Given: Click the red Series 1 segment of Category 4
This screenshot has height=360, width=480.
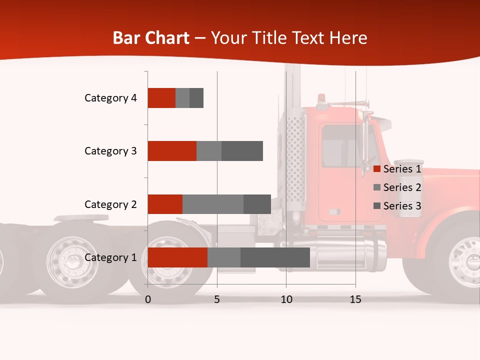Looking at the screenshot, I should [161, 98].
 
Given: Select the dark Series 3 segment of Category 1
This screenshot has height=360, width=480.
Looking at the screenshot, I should [275, 257].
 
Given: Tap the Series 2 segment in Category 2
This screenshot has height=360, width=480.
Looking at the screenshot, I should [213, 204].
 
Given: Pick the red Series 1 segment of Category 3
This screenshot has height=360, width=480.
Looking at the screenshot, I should [172, 151].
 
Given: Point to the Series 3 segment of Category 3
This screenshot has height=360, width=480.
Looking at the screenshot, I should [242, 151].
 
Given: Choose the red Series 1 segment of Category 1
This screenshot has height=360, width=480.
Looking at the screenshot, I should [177, 257].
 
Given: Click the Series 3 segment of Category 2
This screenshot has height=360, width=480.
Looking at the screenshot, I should [257, 204].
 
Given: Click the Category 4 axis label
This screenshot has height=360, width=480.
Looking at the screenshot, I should [110, 98].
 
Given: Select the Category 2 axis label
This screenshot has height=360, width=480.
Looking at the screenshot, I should [110, 204].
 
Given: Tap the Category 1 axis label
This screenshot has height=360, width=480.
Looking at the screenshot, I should [110, 258].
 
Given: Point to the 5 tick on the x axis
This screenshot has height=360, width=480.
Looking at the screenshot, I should [217, 299].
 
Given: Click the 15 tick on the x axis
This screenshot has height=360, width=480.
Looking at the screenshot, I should [355, 299].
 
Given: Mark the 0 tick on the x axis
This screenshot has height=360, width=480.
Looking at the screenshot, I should [148, 299].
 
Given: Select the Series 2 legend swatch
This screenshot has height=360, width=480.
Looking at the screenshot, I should [377, 187].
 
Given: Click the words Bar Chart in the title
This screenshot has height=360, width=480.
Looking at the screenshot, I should [151, 38].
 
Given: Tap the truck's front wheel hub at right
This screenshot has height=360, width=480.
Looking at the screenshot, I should [470, 261].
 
